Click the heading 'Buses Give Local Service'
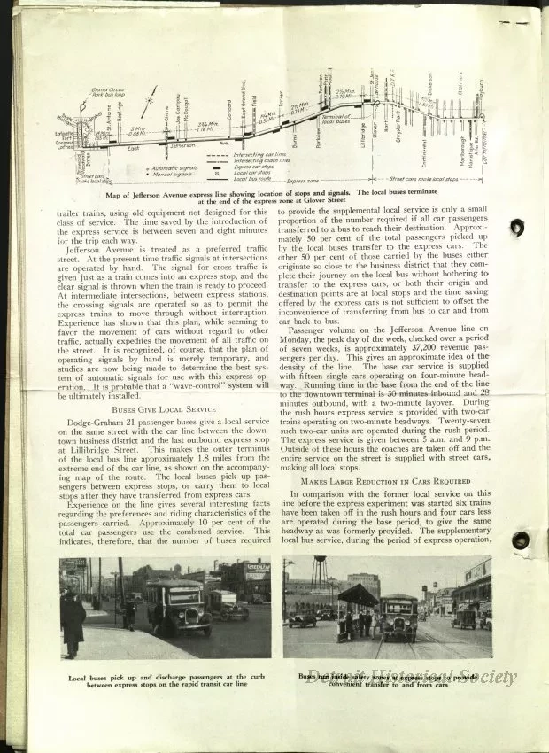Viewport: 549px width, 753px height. point(165,408)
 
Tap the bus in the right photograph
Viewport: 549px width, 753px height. point(398,617)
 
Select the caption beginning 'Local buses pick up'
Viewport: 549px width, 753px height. point(166,682)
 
